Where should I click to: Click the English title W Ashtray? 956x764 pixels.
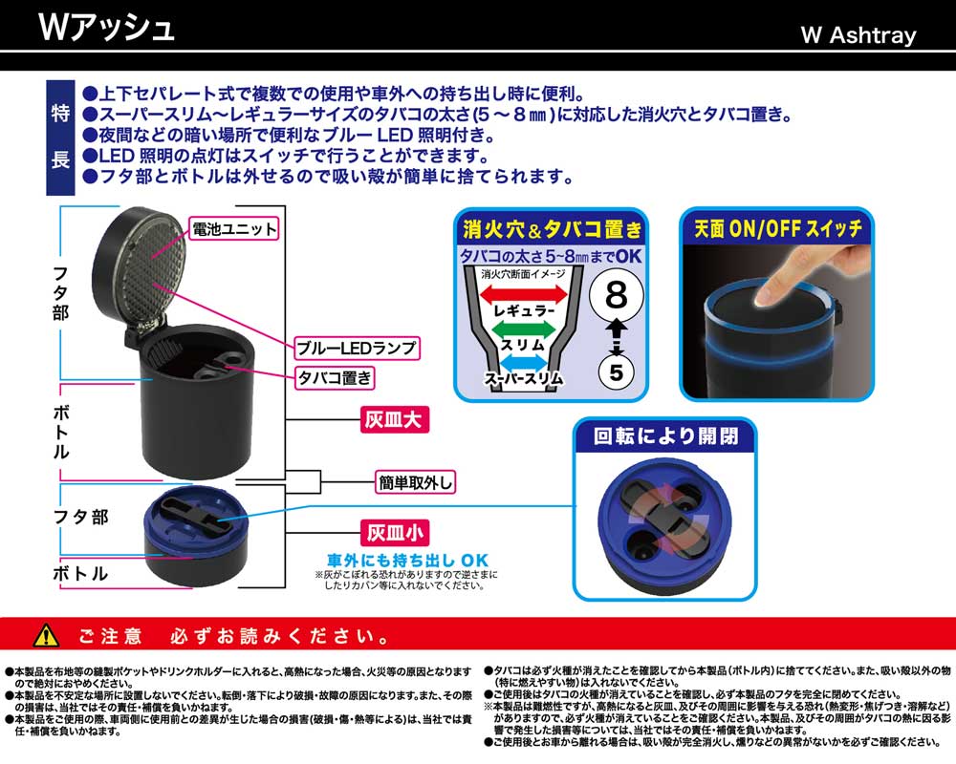pos(858,34)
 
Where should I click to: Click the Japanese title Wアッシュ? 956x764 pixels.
pos(106,28)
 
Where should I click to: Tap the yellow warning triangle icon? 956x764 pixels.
pos(46,636)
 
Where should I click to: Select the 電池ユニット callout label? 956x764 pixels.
pos(234,229)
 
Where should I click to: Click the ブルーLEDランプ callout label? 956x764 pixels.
pos(357,348)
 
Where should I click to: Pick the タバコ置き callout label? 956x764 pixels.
pos(335,378)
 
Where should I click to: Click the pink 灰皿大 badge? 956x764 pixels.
pos(394,420)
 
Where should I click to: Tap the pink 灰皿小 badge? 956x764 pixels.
pos(395,533)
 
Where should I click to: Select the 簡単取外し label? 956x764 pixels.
pos(415,482)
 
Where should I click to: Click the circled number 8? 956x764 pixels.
pos(617,295)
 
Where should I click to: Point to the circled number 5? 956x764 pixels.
pos(617,372)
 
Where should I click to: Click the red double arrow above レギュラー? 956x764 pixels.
pos(524,295)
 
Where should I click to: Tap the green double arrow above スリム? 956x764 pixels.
pos(523,329)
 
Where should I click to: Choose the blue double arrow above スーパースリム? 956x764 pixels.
pos(523,363)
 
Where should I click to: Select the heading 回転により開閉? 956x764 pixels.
pos(665,436)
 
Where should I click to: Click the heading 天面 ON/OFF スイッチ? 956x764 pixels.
pos(777,228)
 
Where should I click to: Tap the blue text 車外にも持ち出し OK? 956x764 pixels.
pos(407,561)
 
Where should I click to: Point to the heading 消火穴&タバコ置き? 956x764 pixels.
pos(552,229)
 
